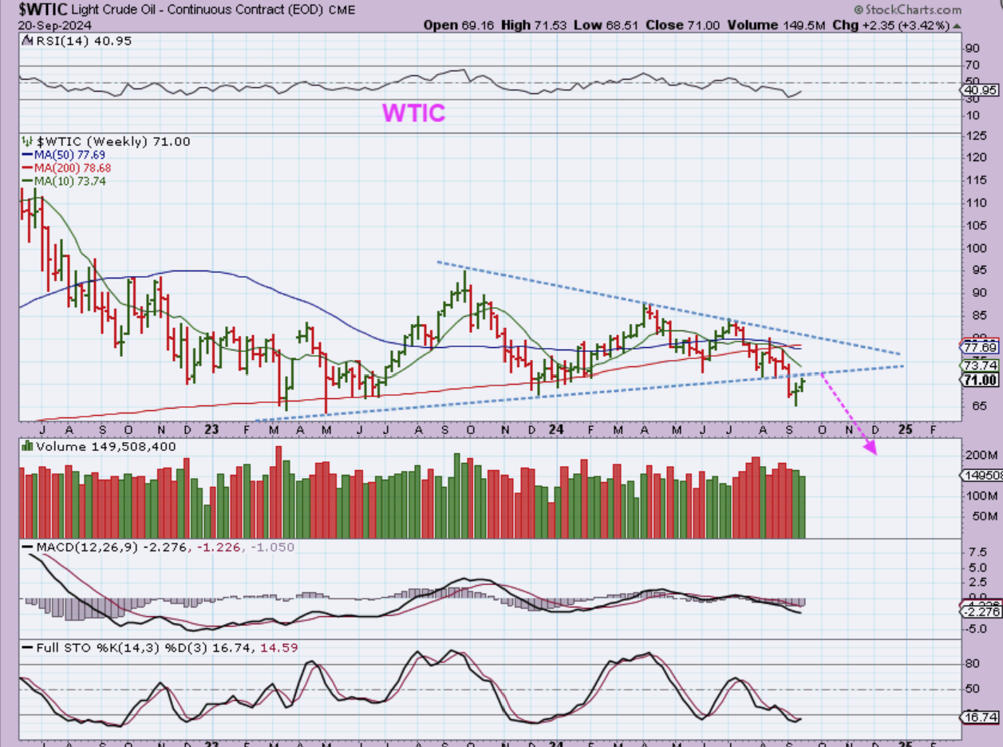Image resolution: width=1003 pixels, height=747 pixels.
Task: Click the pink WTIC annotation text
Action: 413,113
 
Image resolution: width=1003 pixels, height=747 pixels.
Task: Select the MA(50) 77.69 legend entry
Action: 69,155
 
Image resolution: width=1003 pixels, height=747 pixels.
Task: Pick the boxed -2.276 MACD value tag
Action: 981,611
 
